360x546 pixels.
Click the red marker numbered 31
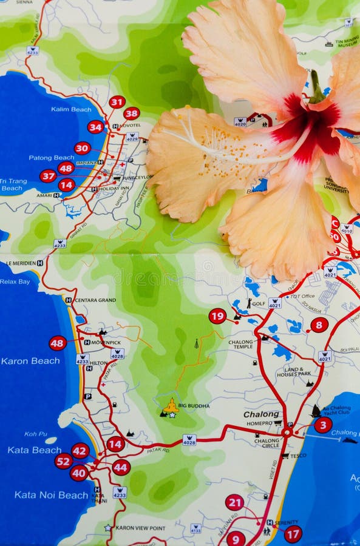point(117,102)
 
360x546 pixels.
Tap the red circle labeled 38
point(132,113)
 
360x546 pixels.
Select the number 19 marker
point(217,316)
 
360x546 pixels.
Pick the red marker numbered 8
point(319,325)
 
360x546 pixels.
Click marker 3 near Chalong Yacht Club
point(323,425)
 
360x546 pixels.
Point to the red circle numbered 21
point(234,502)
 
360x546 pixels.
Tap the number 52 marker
point(63,461)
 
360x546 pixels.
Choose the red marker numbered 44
point(121,467)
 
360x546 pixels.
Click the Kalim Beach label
point(72,109)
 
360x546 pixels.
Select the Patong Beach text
point(52,158)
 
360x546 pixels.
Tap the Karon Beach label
point(30,361)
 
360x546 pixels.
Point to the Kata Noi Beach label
point(52,495)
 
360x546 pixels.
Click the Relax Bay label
point(15,281)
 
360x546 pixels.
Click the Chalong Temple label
point(241,345)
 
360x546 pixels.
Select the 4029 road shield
point(132,137)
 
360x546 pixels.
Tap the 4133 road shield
point(195,528)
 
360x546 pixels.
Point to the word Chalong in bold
point(261,414)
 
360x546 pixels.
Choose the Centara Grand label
point(94,300)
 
